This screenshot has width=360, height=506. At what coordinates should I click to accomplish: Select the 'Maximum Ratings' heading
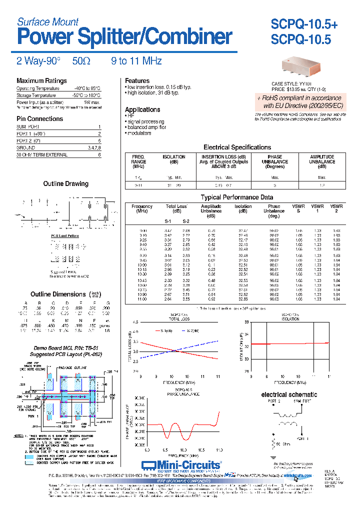pos(41,81)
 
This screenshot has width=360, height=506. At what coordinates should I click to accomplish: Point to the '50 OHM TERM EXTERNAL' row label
pos(42,155)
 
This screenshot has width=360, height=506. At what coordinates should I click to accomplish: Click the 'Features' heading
pos(137,81)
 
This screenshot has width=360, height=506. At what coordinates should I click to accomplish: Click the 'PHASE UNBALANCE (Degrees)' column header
pos(274,161)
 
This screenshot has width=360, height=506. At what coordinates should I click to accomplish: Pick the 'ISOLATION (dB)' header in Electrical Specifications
pos(173,159)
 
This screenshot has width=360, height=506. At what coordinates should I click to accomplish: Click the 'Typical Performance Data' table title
pos(236,197)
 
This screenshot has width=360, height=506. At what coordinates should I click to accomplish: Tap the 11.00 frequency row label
pos(142,298)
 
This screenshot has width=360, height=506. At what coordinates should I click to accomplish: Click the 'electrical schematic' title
pos(289,394)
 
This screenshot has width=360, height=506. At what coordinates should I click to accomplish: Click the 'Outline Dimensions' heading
pos(58,294)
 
